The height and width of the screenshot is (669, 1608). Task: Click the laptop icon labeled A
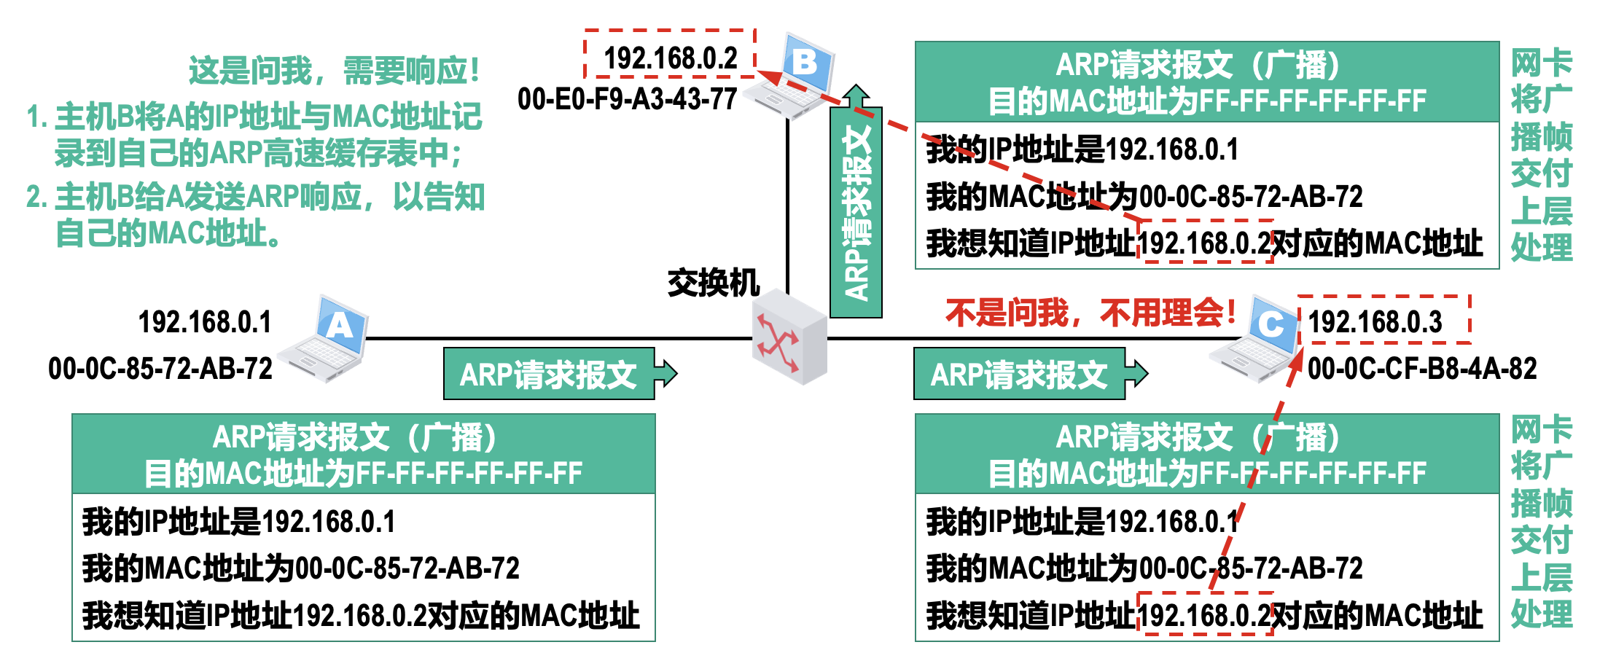coord(325,339)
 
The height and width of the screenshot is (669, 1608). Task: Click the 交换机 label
coord(713,283)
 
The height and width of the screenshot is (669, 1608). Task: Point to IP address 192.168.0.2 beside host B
coord(670,58)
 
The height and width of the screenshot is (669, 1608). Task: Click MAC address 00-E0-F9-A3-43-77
coord(627,99)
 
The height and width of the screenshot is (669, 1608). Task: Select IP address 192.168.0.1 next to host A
coord(205,322)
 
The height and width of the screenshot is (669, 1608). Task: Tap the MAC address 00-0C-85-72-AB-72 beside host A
coord(160,369)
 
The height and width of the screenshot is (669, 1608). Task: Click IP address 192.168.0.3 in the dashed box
coord(1375,321)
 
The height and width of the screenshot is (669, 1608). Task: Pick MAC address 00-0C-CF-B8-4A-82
coord(1421,369)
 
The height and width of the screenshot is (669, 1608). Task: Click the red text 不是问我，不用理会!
coord(1090,313)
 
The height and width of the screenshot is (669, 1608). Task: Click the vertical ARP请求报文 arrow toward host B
coord(856,208)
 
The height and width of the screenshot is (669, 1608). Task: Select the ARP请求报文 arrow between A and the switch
coord(558,375)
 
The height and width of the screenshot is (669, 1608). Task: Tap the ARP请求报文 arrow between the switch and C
coord(1028,375)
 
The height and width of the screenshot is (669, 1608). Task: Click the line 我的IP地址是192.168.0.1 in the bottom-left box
coord(239,522)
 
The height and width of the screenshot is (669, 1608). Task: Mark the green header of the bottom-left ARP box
coord(363,455)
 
